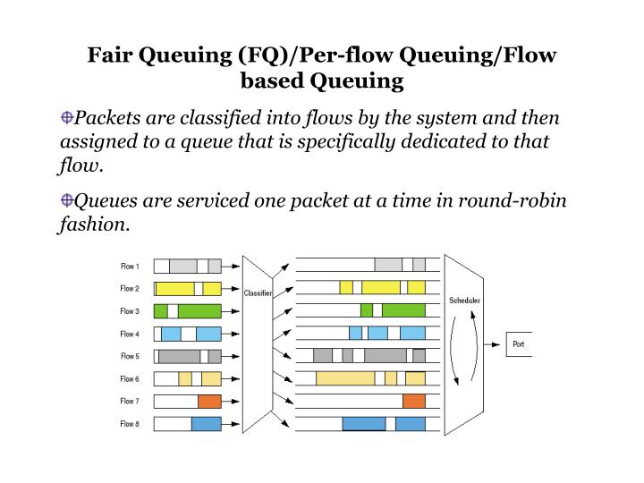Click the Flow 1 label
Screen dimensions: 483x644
pyautogui.click(x=130, y=266)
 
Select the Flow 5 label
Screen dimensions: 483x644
pyautogui.click(x=130, y=355)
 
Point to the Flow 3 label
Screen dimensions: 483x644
pyautogui.click(x=130, y=310)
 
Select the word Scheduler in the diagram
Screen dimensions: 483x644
pyautogui.click(x=464, y=301)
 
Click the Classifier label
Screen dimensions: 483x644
pyautogui.click(x=258, y=292)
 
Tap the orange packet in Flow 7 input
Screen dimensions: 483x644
pyautogui.click(x=209, y=401)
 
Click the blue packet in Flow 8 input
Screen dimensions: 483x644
pyautogui.click(x=206, y=423)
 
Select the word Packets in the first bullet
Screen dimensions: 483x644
pyautogui.click(x=106, y=118)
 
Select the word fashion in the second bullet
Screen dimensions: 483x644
pyautogui.click(x=92, y=225)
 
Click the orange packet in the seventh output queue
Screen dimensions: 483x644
pyautogui.click(x=414, y=401)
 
